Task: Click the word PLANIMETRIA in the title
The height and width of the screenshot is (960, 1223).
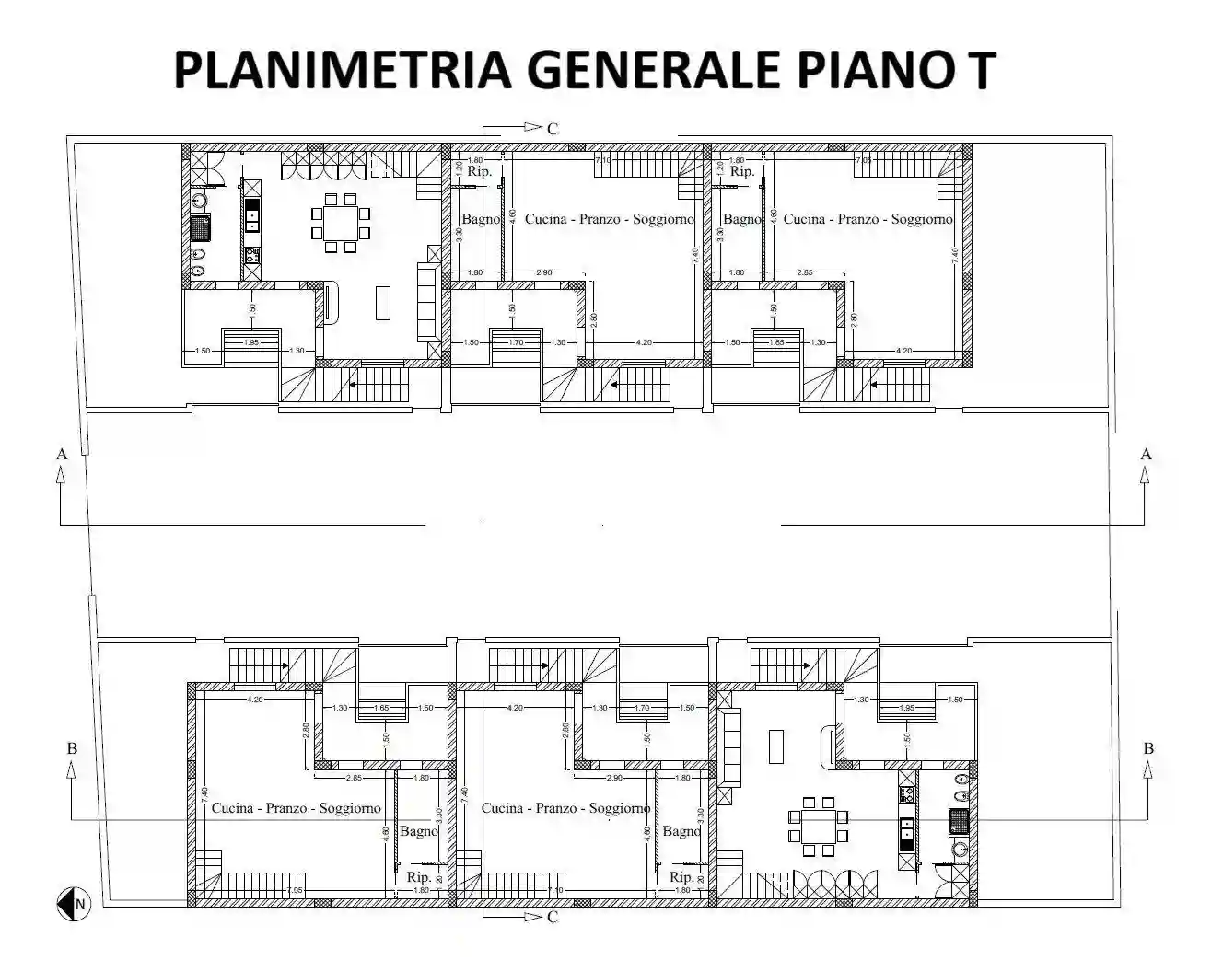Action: pos(341,69)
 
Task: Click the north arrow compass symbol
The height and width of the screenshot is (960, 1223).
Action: pos(72,904)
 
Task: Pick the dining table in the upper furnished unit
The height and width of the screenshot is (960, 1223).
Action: pos(340,223)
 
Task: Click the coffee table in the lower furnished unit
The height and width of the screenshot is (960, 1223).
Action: pos(776,746)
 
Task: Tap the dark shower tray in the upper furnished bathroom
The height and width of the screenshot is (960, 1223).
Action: pos(201,226)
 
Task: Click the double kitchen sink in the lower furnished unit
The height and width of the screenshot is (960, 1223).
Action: pos(907,832)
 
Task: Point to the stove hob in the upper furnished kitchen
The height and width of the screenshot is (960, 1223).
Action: pos(251,255)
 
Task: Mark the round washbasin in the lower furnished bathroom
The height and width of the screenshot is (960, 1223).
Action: pos(960,849)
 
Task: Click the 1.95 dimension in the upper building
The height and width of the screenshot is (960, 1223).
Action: pos(250,342)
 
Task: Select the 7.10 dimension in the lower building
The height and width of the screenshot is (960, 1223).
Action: pos(555,890)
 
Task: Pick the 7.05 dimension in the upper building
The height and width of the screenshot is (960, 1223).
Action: pos(863,161)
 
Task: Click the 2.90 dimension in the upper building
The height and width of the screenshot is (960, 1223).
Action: pos(543,273)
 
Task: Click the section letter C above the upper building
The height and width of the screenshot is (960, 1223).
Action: pos(553,129)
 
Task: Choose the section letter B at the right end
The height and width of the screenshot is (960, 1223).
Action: pos(1148,748)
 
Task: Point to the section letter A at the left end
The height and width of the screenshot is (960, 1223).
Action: pos(62,454)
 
